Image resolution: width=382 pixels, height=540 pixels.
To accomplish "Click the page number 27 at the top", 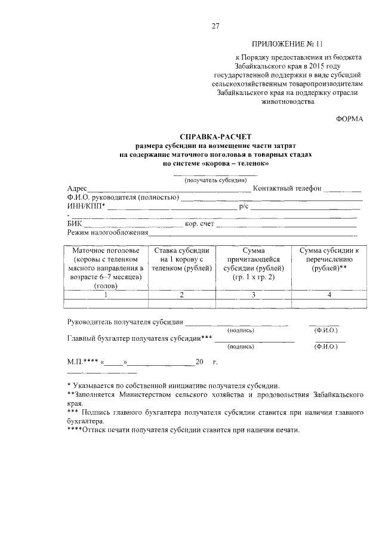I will point(215,26).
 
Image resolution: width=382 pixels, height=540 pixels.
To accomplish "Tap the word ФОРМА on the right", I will point(350,119).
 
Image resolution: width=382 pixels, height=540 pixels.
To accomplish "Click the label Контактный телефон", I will point(287,189).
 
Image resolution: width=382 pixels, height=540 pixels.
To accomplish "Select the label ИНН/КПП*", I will point(86,206).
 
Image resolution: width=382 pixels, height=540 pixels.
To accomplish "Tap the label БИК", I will point(75,224).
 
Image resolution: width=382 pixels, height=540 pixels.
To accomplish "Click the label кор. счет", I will point(199,224).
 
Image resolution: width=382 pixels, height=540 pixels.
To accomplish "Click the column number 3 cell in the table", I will point(254,294).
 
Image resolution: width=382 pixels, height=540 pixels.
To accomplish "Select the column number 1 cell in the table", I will point(105,294).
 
